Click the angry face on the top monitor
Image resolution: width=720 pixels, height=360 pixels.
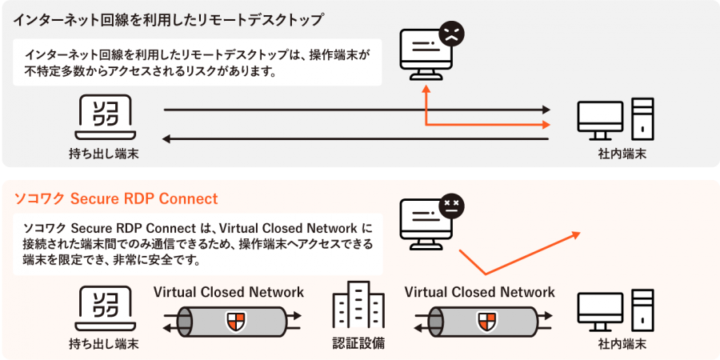[x=451, y=34]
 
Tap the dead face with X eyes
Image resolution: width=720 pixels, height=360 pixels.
[x=451, y=204]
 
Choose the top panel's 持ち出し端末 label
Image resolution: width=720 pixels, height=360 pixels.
[x=104, y=153]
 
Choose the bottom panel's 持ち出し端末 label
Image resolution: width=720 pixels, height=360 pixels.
[x=104, y=345]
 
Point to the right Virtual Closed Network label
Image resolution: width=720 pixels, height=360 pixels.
[x=480, y=292]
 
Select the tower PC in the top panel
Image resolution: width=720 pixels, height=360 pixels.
[x=642, y=118]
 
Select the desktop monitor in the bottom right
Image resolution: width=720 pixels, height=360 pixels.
[x=601, y=312]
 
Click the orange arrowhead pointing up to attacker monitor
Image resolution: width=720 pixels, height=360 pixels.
[x=426, y=90]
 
